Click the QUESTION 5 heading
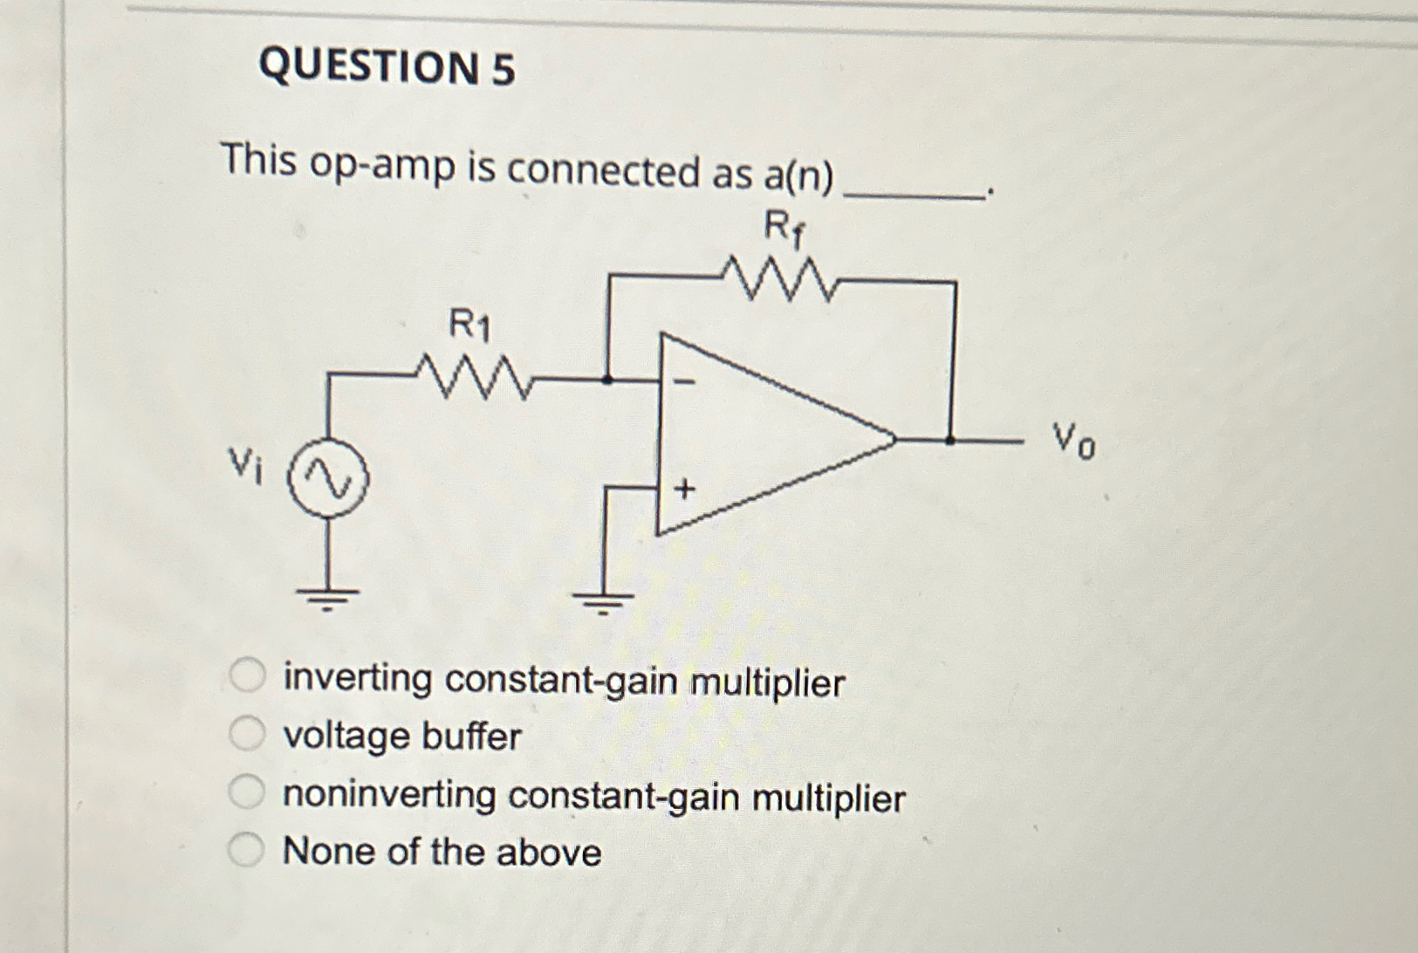(387, 67)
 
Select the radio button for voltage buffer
(247, 734)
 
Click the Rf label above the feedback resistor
(784, 230)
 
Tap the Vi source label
(245, 464)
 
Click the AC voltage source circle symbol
(329, 480)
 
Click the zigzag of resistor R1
(473, 377)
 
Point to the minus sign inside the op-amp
(686, 381)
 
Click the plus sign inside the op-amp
(685, 489)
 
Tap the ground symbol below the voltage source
(327, 598)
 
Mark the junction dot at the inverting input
(608, 380)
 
